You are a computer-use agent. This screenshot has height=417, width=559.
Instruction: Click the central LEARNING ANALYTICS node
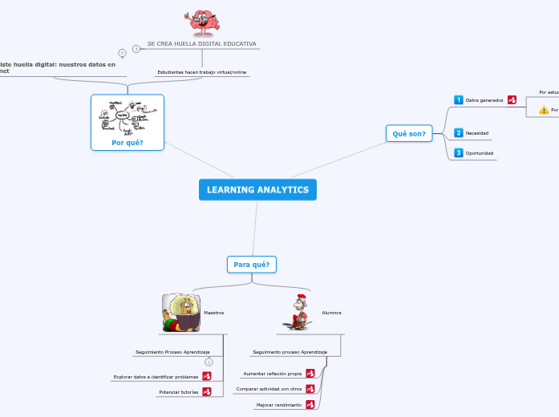257,190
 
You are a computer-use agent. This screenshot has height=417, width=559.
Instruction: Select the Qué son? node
409,133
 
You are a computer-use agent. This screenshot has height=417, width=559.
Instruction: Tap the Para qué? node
252,264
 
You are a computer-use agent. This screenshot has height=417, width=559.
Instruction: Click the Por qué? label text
128,143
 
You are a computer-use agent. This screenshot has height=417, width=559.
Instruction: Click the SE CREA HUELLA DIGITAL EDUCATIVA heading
201,43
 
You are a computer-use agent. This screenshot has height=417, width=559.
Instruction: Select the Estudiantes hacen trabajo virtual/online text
201,72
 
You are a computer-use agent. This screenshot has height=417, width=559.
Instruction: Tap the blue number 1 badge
459,100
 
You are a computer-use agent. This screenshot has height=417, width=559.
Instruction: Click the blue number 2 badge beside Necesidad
459,132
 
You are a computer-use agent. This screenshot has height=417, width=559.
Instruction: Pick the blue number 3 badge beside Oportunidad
459,152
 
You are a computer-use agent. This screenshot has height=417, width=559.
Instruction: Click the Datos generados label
484,100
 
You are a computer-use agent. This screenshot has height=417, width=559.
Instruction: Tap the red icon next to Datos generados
512,100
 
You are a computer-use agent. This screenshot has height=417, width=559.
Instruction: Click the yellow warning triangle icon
544,110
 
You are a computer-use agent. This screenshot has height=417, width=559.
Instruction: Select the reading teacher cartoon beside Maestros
181,313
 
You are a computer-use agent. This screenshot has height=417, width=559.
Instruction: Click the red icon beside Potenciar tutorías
207,391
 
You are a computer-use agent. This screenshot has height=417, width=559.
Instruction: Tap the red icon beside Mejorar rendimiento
310,405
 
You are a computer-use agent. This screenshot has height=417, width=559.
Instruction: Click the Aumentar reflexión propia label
272,374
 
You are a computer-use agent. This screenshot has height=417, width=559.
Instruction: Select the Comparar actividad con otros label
269,389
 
